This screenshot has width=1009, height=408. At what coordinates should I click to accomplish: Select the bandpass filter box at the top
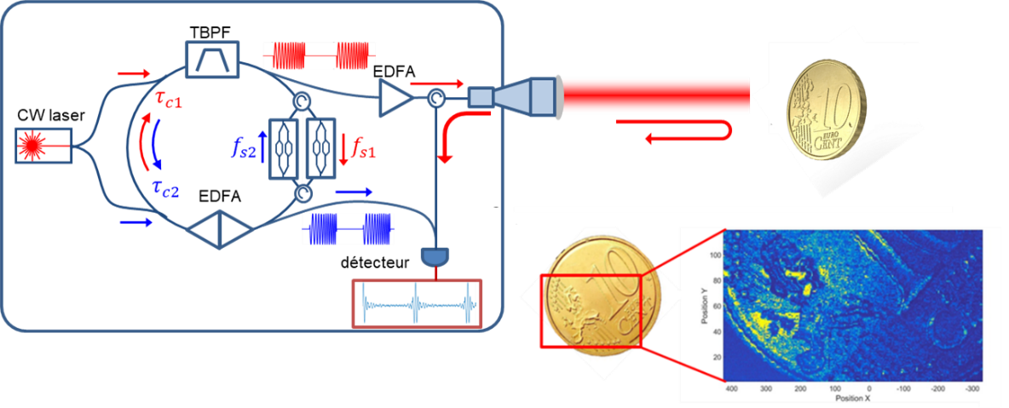coord(209,60)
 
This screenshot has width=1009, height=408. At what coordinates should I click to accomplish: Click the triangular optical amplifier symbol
coord(395,99)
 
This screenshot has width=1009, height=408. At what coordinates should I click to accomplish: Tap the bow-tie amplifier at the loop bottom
coord(220,230)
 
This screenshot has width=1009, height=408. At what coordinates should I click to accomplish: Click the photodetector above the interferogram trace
coord(435,256)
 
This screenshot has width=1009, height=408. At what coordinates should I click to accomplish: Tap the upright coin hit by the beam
coord(827,109)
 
